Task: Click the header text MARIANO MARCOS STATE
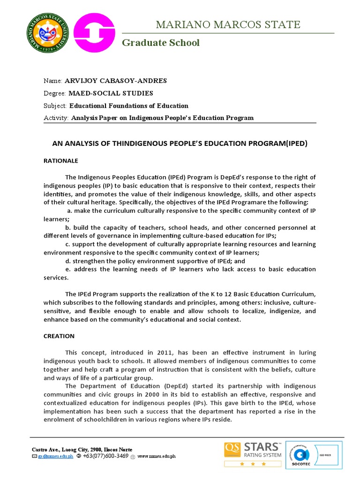[228, 25]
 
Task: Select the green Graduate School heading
[161, 43]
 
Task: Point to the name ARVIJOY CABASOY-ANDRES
[115, 81]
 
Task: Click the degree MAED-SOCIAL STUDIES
[111, 93]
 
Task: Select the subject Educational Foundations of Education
[129, 105]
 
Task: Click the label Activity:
[56, 118]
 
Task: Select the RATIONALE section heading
[61, 161]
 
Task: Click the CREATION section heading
[59, 336]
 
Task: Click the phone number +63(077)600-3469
[105, 456]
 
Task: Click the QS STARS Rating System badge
[253, 453]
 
